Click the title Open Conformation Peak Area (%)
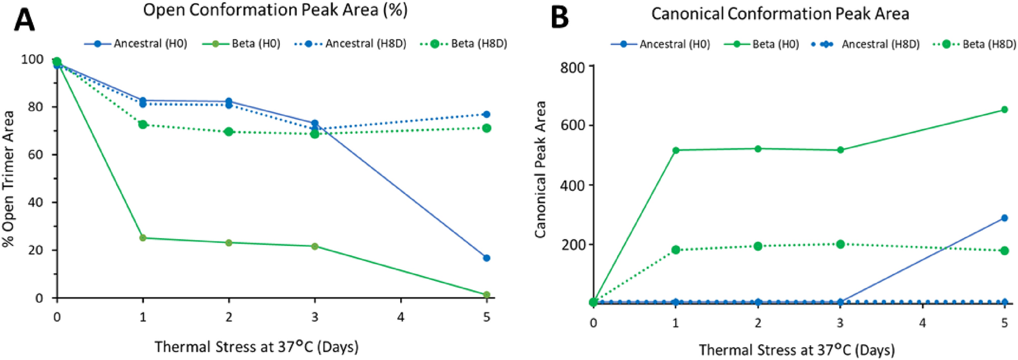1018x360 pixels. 275,10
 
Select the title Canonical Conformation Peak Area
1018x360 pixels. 780,14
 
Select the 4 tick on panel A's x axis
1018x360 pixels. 401,317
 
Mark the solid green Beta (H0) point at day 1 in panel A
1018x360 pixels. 143,238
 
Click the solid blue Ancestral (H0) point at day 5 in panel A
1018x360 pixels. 486,258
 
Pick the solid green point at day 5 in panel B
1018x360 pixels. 1004,110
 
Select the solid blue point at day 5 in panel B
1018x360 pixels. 1004,218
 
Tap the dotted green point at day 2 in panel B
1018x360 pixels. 758,246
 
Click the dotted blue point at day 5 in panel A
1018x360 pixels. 486,115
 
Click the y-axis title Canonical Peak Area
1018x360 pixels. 540,169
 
